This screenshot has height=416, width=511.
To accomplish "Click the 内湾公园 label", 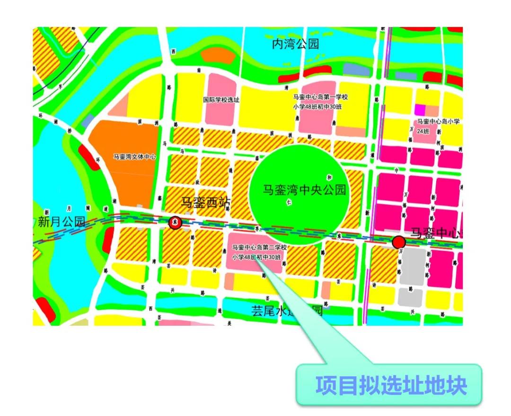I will click(295, 44).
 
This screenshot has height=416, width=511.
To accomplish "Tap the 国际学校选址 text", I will click(221, 100).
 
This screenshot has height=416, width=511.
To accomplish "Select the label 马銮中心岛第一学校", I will click(320, 97).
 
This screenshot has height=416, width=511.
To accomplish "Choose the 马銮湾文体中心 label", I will click(134, 156).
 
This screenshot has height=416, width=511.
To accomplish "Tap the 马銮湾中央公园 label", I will click(305, 191).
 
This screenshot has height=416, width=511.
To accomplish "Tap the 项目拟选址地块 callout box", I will click(389, 385).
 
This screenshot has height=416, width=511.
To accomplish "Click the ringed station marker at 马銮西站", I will click(176, 222).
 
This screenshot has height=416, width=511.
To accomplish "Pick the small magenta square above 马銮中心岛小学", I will click(420, 109).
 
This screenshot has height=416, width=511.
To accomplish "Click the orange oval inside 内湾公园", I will click(218, 55).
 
